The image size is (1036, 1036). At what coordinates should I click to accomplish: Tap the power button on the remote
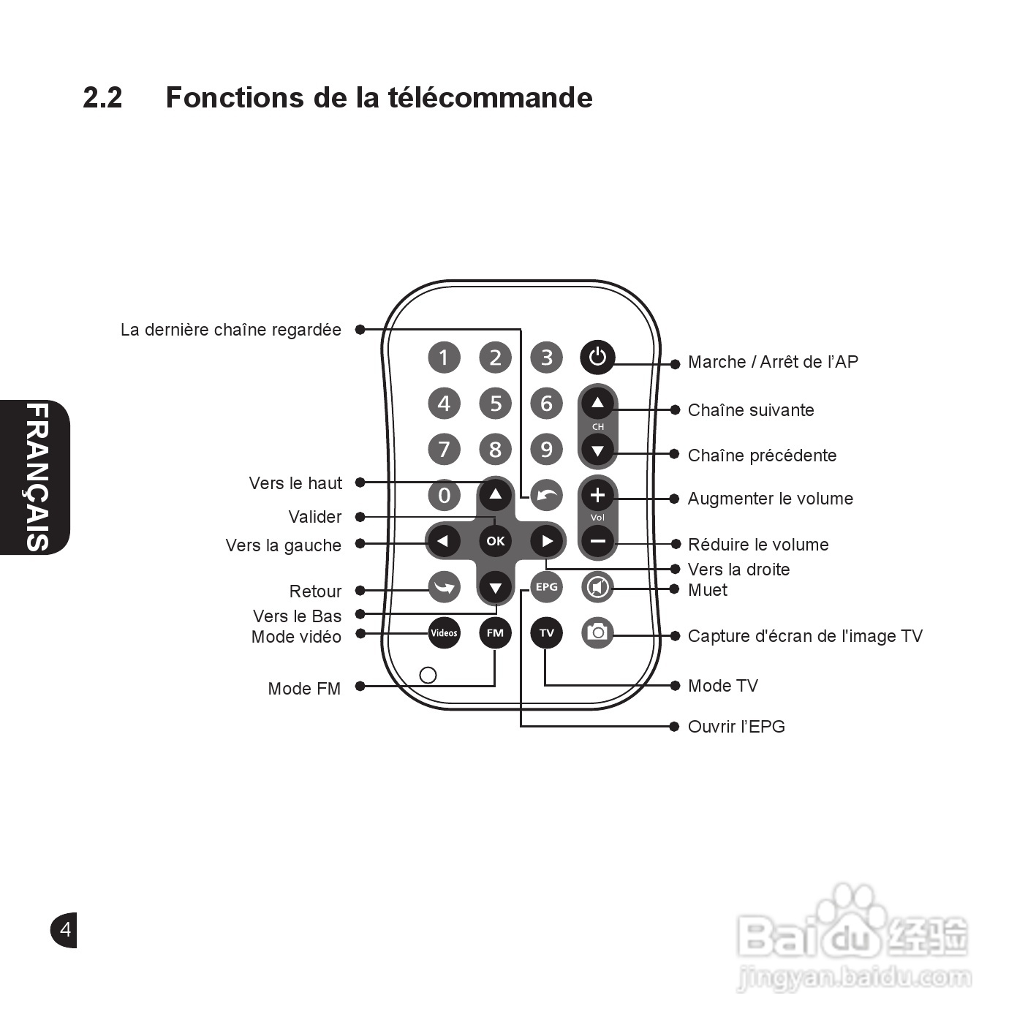coord(597,358)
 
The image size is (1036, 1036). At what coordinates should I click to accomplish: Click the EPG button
coord(546,587)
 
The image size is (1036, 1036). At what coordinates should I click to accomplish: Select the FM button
coord(495,633)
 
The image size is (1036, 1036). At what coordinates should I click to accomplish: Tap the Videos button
coord(444,633)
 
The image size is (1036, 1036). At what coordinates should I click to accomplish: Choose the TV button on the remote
coord(546,633)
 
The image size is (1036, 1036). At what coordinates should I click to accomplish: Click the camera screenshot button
coord(597,632)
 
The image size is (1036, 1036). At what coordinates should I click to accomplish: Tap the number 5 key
coord(495,404)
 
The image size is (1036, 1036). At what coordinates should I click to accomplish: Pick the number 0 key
coord(444,495)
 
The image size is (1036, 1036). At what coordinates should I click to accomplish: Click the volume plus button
coord(597,496)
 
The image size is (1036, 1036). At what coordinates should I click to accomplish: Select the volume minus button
coord(597,542)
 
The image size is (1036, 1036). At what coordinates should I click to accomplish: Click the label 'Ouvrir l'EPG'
coord(736,727)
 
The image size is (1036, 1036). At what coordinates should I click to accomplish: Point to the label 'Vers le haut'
coord(295,483)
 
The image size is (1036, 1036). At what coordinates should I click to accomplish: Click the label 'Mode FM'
coord(304,689)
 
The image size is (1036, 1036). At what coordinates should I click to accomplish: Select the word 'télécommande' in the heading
coord(490,97)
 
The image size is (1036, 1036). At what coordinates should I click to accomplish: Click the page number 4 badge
coord(64,930)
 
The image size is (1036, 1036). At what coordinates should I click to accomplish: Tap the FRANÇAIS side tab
coord(37,477)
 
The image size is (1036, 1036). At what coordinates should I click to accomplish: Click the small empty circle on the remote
coord(428,675)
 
